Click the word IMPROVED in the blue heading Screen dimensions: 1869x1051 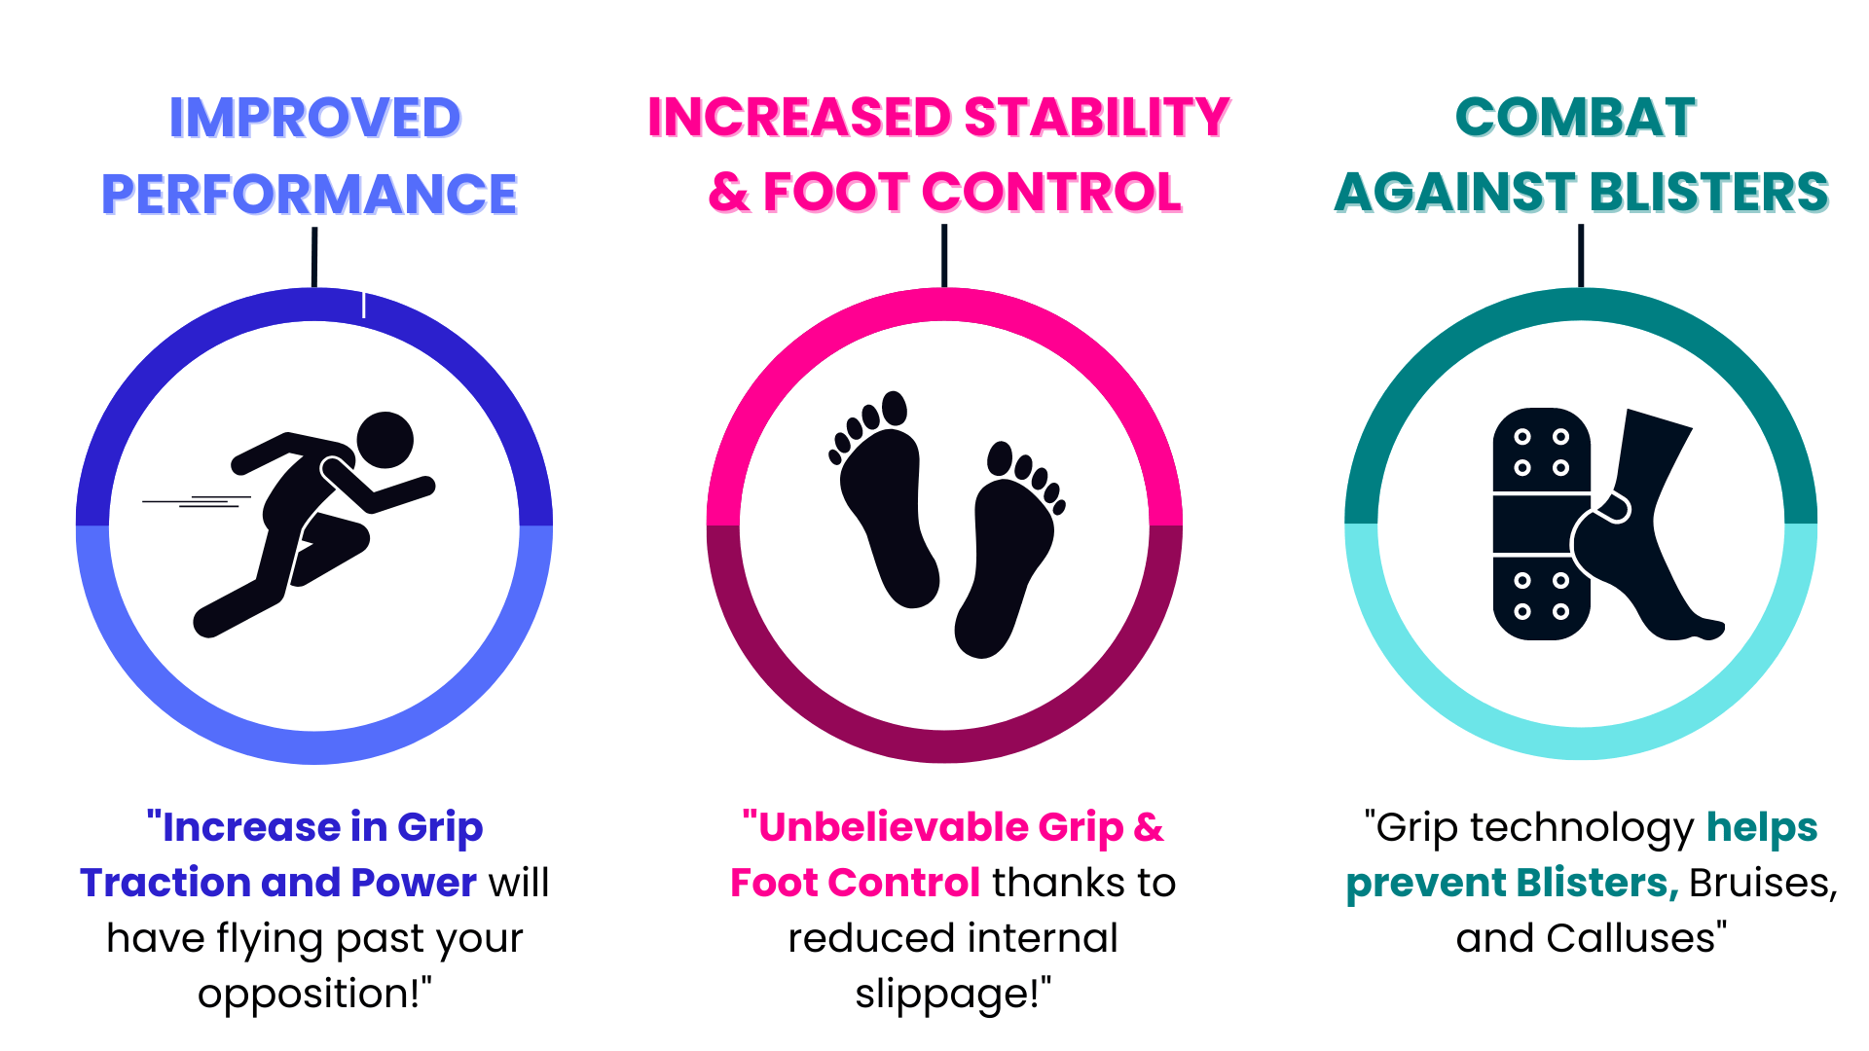pyautogui.click(x=315, y=118)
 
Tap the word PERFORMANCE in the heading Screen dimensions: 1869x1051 pyautogui.click(x=310, y=194)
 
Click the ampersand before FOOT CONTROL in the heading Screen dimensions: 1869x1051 pyautogui.click(x=729, y=192)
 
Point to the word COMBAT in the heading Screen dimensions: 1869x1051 pyautogui.click(x=1576, y=118)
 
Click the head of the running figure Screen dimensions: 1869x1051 pyautogui.click(x=385, y=440)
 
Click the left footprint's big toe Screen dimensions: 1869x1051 pyautogui.click(x=895, y=408)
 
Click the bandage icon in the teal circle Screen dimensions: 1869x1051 pyautogui.click(x=1542, y=524)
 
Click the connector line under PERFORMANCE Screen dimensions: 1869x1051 pyautogui.click(x=314, y=258)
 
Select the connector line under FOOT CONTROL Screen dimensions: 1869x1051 pyautogui.click(x=944, y=256)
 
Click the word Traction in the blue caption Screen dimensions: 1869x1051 pyautogui.click(x=165, y=883)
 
